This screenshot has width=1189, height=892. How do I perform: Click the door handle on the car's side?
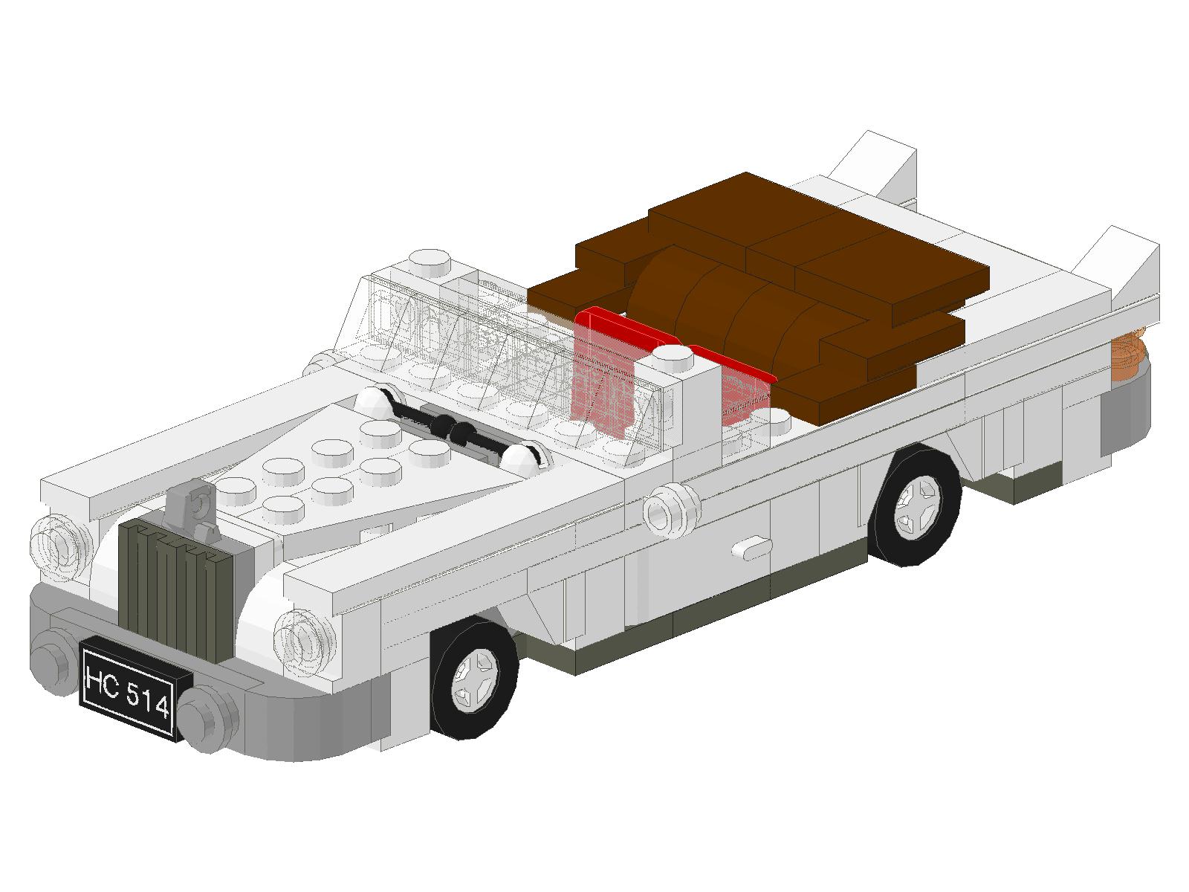[x=752, y=549]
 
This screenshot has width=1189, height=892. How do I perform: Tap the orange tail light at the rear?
[x=1128, y=353]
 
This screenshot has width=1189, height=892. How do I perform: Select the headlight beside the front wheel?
[x=305, y=641]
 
